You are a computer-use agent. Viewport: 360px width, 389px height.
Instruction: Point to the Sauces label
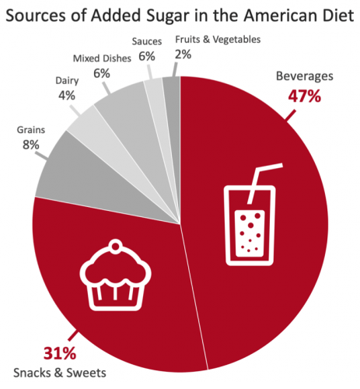click(146, 40)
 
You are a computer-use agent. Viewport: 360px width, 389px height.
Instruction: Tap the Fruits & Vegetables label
click(217, 39)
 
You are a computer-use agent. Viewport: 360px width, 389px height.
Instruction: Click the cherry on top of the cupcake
click(116, 247)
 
